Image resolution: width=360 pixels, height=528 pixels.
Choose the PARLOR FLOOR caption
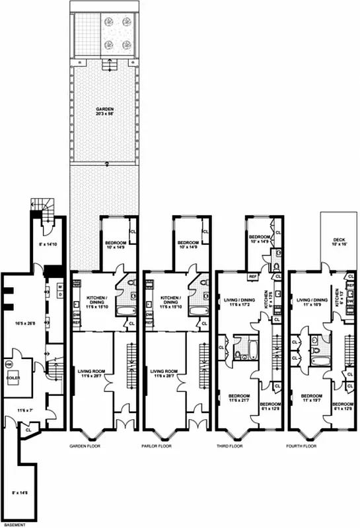[157, 447]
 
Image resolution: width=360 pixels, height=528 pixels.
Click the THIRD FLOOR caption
[229, 447]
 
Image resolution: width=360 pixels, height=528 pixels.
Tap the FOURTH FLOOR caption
[302, 447]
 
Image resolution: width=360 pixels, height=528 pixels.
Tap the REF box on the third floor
[252, 277]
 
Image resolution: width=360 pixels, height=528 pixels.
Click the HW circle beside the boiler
[9, 364]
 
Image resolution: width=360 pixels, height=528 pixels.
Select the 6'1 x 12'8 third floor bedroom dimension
[270, 407]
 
